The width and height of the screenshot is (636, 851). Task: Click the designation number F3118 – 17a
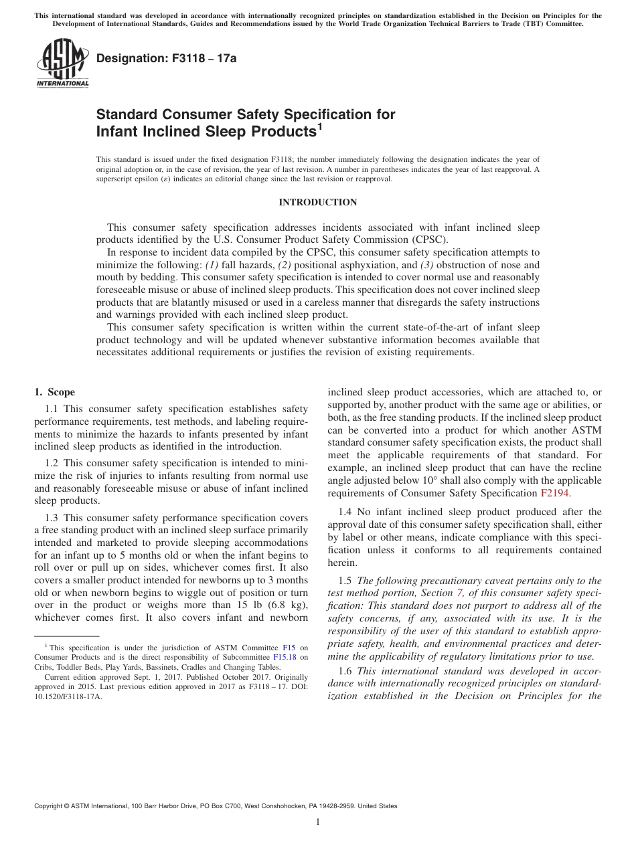(167, 58)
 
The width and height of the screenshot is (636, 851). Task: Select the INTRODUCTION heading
(317, 202)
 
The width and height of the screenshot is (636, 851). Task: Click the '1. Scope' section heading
(55, 392)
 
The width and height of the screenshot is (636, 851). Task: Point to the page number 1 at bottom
(318, 822)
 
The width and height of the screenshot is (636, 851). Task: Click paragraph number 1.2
(52, 462)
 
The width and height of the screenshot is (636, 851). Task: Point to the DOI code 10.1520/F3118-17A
(69, 695)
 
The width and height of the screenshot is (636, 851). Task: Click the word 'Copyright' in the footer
(51, 806)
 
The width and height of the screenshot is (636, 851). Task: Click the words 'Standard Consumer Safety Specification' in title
(246, 114)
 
